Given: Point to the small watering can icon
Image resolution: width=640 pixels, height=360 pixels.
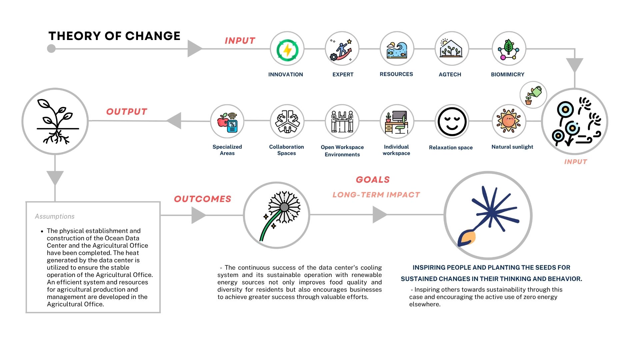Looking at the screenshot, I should [533, 95].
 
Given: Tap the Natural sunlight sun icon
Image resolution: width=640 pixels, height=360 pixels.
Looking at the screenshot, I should [509, 121].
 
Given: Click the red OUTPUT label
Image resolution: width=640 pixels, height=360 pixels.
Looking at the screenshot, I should [127, 112].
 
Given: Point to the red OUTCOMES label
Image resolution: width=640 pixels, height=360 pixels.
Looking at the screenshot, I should [202, 199].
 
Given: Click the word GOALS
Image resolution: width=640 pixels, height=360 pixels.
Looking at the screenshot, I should [373, 180].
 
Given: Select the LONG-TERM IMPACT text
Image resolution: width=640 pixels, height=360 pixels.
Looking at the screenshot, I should [376, 195].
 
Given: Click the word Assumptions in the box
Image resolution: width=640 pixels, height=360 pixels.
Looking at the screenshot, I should [55, 216].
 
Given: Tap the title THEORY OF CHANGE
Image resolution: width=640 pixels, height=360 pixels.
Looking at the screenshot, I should [114, 36].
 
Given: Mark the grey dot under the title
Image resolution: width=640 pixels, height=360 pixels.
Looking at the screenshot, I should [51, 49].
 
